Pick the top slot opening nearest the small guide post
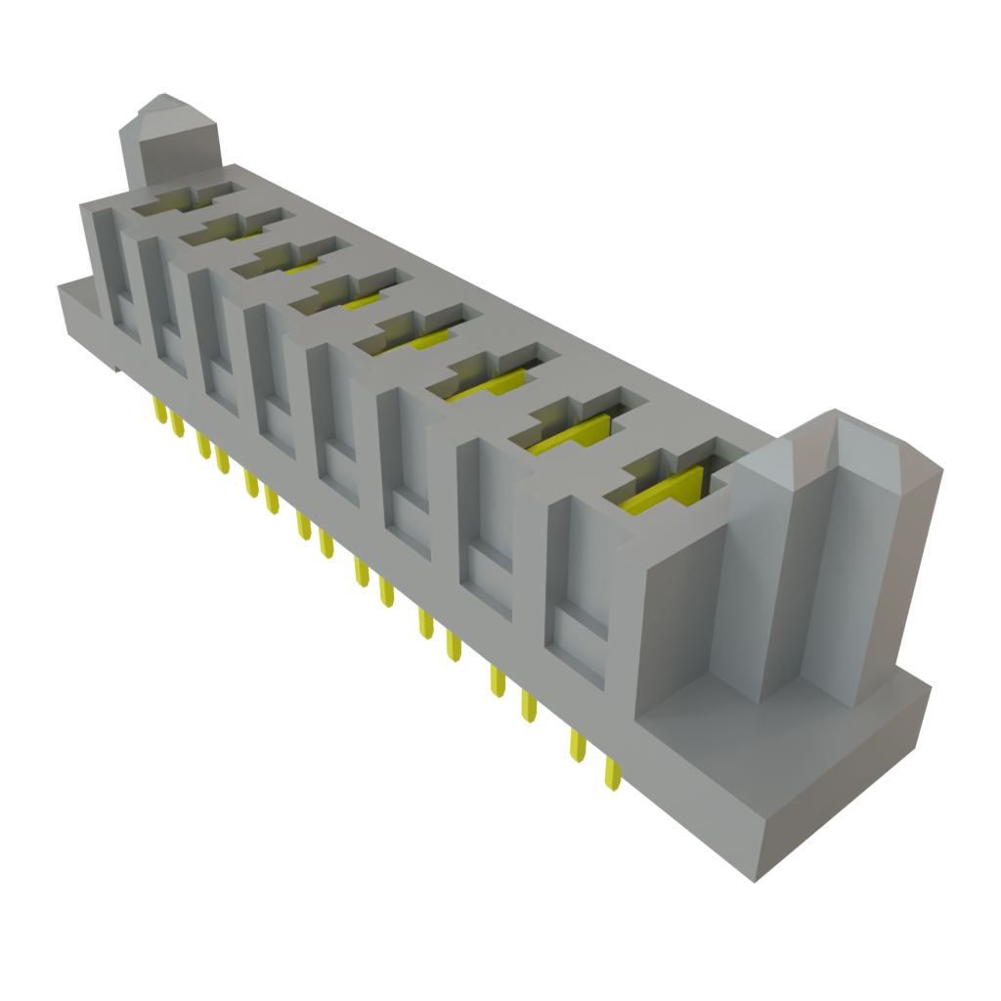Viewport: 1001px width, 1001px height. [186, 198]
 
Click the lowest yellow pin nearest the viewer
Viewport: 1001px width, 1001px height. [612, 772]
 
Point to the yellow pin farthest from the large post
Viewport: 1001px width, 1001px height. [157, 411]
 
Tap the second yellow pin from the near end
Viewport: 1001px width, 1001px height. [579, 746]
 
